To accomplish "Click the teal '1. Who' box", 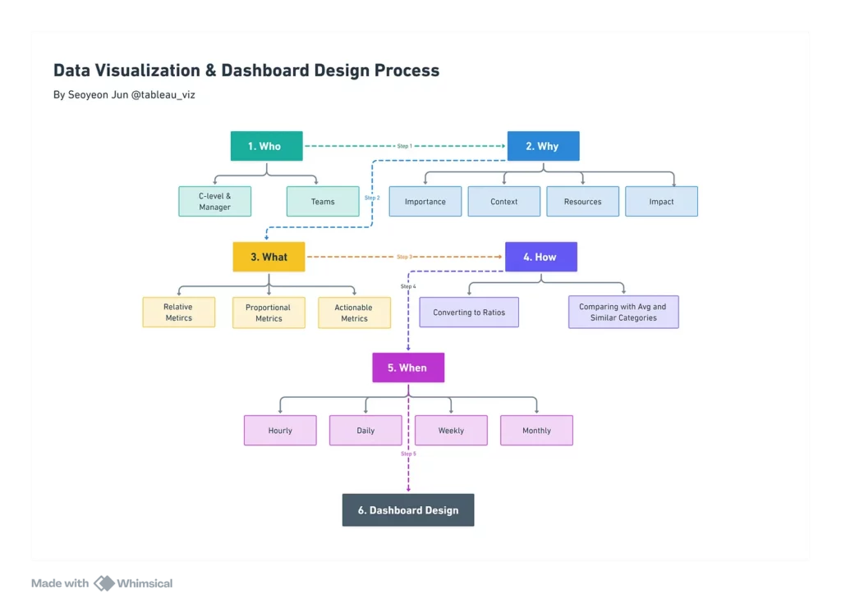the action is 267,146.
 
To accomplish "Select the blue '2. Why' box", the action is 544,146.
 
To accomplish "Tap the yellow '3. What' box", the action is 269,257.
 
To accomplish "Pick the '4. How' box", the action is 541,257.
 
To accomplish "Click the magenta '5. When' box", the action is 408,367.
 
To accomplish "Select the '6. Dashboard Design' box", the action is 408,510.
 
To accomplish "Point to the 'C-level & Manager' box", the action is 214,202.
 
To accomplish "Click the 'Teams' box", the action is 323,202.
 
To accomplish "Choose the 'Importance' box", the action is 425,202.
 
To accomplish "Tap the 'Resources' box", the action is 582,202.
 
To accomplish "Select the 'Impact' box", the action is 661,202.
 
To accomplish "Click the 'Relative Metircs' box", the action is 178,313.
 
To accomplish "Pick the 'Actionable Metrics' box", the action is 354,313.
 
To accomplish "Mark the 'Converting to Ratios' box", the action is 469,313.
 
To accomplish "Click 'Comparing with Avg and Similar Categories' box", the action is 623,312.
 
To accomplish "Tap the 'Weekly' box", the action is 451,430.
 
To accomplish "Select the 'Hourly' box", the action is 280,430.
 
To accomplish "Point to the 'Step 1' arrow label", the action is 404,146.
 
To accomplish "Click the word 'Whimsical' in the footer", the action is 145,583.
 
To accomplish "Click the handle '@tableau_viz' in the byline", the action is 163,95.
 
